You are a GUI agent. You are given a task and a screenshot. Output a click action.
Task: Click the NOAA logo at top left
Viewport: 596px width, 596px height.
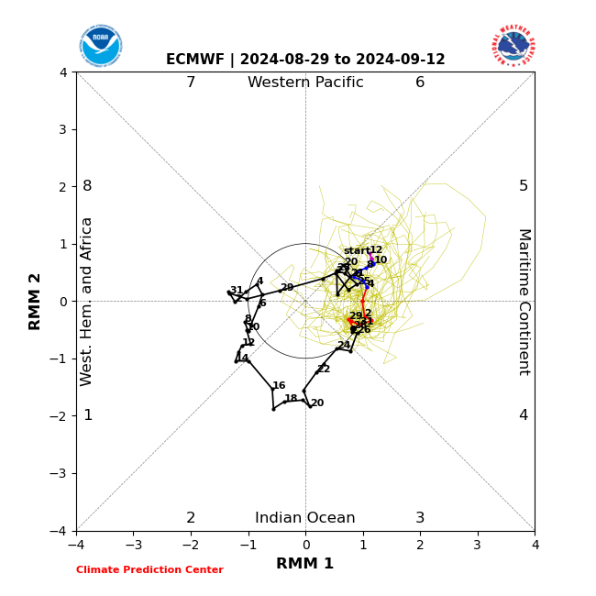[x=101, y=46]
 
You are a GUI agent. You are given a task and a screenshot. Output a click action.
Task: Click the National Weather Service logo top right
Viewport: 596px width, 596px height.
[x=513, y=45]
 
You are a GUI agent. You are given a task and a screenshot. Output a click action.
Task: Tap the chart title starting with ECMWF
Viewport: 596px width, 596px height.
[x=305, y=60]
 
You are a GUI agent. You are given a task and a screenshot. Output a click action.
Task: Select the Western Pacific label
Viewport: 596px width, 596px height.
[x=305, y=83]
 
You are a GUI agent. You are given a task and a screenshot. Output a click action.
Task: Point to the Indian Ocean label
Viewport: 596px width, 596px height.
[x=305, y=518]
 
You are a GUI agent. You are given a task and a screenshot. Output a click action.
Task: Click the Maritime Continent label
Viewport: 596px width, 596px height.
[x=524, y=301]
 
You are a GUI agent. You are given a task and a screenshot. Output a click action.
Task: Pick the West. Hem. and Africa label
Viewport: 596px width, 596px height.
[x=87, y=301]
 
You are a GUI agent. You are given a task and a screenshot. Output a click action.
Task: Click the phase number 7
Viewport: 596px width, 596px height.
[x=191, y=83]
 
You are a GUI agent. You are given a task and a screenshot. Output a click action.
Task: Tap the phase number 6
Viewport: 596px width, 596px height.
[x=420, y=83]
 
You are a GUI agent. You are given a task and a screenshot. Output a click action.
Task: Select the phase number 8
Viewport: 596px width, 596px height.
[x=87, y=186]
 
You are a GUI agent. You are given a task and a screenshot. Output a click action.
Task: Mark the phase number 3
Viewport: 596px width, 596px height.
[x=420, y=518]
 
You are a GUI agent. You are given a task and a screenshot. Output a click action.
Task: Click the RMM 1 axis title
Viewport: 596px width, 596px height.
[x=305, y=564]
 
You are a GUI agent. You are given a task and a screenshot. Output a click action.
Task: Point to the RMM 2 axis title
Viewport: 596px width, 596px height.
[x=36, y=301]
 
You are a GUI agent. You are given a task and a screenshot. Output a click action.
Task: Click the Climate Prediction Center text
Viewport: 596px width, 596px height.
[x=149, y=569]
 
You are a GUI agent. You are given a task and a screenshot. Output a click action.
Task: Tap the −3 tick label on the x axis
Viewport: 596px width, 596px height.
[x=133, y=545]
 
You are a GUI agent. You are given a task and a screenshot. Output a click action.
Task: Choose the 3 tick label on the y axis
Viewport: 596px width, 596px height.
[x=62, y=129]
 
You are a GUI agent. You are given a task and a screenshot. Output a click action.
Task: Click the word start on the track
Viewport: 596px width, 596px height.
[x=356, y=250]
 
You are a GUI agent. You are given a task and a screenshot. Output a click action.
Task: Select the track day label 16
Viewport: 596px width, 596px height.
[x=279, y=386]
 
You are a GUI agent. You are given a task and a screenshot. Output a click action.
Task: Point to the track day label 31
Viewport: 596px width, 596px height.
[x=237, y=291]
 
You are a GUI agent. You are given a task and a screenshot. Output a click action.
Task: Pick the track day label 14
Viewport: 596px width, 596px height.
[x=242, y=359]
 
